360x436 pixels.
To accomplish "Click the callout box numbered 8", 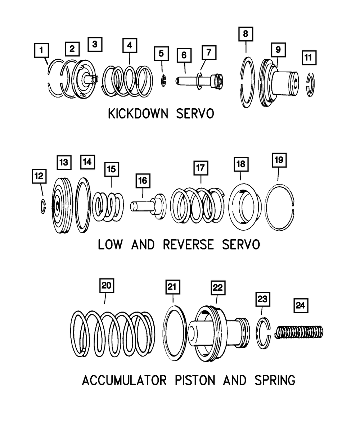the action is pyautogui.click(x=246, y=34).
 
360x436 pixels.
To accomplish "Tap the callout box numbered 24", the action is pyautogui.click(x=301, y=305).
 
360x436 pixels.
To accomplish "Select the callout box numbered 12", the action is pyautogui.click(x=39, y=176).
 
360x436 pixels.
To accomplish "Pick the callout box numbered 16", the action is pyautogui.click(x=143, y=181).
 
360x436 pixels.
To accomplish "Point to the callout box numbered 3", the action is pyautogui.click(x=95, y=44).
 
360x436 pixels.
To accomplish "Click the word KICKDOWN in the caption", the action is pyautogui.click(x=138, y=114).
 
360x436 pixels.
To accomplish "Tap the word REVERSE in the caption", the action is pyautogui.click(x=189, y=245).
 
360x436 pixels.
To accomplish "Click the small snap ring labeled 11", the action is pyautogui.click(x=311, y=84).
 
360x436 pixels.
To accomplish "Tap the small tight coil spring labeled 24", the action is pyautogui.click(x=299, y=332).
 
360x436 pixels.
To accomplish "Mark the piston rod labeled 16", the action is pyautogui.click(x=148, y=206).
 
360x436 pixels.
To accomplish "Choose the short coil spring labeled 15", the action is pyautogui.click(x=108, y=207).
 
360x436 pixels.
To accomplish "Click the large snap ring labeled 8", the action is pyautogui.click(x=247, y=82).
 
